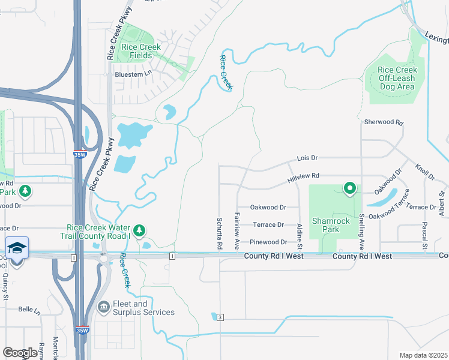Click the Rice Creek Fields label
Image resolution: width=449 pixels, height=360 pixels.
click(x=141, y=52)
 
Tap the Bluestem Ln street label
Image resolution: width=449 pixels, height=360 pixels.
click(x=133, y=74)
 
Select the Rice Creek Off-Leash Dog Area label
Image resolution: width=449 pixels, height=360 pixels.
click(x=397, y=79)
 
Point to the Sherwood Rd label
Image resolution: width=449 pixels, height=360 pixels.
click(x=384, y=122)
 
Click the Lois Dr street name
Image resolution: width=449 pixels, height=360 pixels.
click(x=307, y=158)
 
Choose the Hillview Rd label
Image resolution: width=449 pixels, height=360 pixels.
click(x=303, y=176)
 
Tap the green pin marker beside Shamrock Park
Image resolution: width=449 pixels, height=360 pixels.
click(x=349, y=189)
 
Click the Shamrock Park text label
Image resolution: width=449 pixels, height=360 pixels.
click(x=331, y=225)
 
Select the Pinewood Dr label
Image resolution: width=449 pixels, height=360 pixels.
click(x=268, y=242)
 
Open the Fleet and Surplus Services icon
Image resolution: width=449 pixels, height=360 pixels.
click(x=103, y=307)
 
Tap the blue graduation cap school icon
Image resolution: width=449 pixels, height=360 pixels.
click(x=17, y=248)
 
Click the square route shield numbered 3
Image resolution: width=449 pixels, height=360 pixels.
click(x=220, y=317)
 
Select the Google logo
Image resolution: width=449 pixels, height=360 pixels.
click(x=20, y=353)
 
